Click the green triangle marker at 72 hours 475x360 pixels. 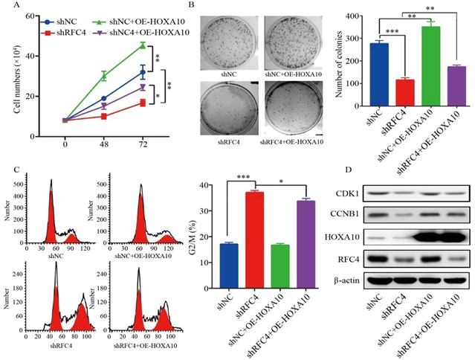click(x=142, y=45)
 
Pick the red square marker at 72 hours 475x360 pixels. click(x=142, y=103)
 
